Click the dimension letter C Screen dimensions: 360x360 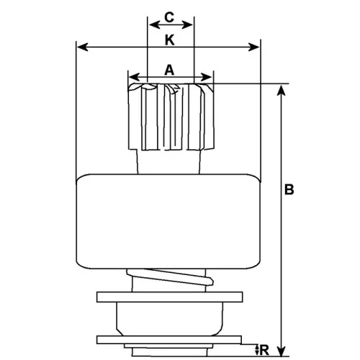coord(169,17)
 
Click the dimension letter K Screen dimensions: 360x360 coord(169,40)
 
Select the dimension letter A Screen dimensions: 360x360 coord(169,70)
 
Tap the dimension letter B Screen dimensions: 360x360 coord(289,189)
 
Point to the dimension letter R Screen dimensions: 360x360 coord(264,351)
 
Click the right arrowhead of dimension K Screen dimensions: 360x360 coord(253,48)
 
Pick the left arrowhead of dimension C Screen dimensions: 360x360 coord(155,24)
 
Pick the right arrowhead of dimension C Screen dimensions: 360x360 coord(187,24)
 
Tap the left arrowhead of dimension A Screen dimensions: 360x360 coord(134,77)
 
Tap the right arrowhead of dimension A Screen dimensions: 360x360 coord(206,77)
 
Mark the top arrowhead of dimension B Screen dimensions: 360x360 coord(281,90)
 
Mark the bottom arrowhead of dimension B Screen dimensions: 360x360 coord(281,351)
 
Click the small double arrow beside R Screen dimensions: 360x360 coord(257,350)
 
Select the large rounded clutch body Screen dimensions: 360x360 coord(168,221)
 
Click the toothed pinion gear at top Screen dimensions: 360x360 coord(171,117)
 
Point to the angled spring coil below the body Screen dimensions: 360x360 coord(170,277)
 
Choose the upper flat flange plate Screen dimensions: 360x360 coord(169,297)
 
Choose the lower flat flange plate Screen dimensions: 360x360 coord(169,340)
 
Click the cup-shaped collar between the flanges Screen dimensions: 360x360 coord(169,319)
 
